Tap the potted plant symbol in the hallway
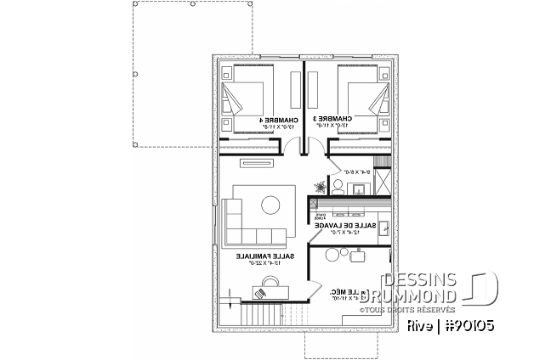320,184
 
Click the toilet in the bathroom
337,184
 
